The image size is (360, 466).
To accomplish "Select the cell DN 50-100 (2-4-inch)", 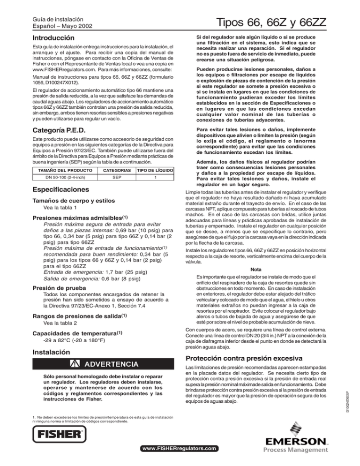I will pos(53,177).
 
